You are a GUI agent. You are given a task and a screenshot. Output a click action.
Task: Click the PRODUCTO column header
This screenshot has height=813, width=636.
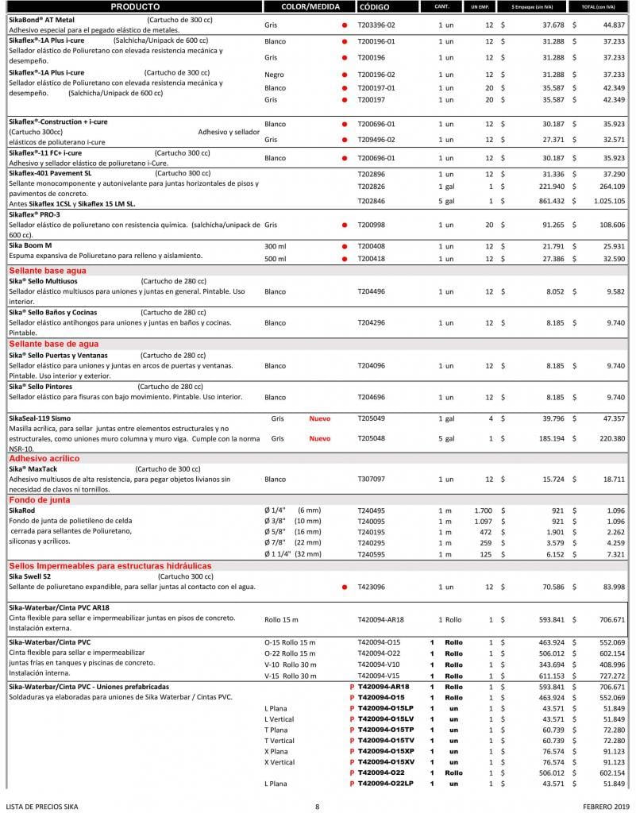135,6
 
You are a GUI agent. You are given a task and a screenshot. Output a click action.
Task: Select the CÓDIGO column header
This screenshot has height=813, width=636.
374,6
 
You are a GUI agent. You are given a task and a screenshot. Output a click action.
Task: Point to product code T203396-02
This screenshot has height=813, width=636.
376,25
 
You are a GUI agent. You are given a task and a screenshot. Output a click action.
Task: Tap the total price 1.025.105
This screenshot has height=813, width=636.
609,201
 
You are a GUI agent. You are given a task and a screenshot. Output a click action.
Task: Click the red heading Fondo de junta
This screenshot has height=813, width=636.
40,500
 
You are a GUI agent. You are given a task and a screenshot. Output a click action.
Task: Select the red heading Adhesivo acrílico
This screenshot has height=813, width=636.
45,458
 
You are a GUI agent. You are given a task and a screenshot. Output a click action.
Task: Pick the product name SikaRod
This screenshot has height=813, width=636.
23,510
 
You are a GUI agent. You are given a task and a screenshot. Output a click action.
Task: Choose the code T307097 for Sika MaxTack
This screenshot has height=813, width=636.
372,480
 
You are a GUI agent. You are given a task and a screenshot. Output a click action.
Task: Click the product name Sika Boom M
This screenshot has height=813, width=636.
30,245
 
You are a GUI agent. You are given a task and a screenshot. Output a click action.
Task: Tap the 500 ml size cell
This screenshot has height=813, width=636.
276,259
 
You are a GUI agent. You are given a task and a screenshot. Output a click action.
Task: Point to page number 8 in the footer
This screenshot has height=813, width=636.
317,807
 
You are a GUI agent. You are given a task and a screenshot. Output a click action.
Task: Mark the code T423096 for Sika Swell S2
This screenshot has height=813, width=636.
372,587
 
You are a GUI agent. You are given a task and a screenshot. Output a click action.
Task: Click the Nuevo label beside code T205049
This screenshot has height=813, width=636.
320,418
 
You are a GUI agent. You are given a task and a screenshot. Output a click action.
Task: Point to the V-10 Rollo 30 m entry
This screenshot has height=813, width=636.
290,664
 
